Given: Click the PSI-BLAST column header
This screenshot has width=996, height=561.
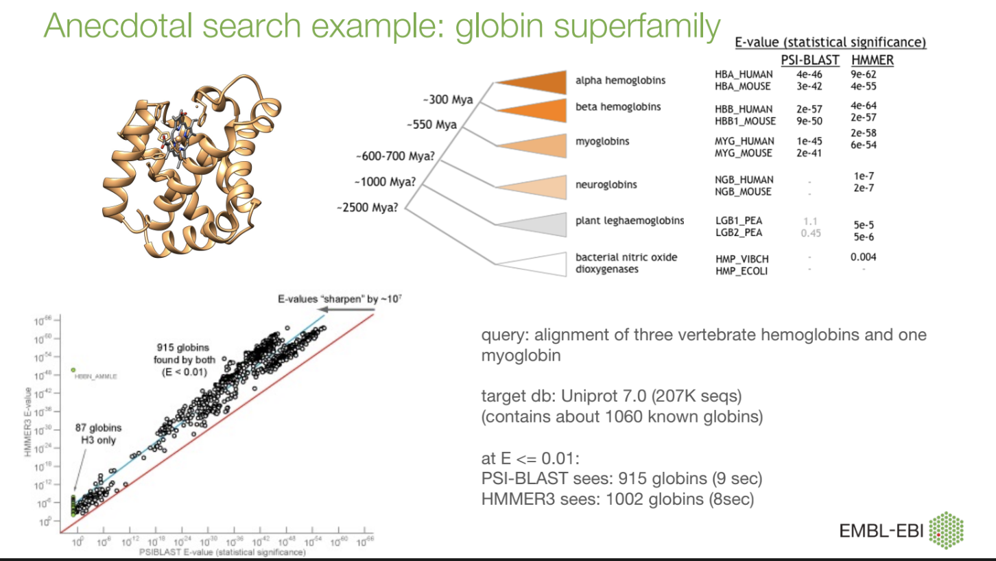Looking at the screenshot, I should [809, 60].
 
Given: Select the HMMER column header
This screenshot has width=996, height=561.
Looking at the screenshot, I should [872, 60].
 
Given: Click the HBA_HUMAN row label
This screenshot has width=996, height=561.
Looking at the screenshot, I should [744, 74].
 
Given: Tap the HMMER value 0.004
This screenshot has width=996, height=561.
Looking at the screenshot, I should [863, 257].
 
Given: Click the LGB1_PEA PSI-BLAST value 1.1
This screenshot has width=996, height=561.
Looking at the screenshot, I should [810, 222].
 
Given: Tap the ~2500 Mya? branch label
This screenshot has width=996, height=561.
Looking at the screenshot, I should [367, 206].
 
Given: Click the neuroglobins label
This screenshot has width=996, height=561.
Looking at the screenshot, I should [606, 184].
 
